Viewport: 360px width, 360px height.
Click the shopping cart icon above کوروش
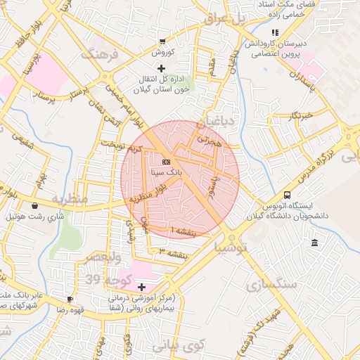162,41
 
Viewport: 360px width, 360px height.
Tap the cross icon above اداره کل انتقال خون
162,68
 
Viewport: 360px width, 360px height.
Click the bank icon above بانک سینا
165,161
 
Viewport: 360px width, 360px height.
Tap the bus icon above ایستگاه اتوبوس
287,195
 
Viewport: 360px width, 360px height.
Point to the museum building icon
314,243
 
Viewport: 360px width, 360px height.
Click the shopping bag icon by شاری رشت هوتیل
35,206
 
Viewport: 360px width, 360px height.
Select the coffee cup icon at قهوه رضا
69,299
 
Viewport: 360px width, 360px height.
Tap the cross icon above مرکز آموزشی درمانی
142,287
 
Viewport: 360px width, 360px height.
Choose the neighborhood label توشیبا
230,247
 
